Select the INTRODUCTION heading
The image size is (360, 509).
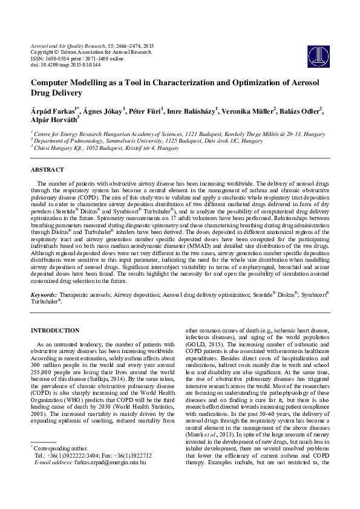(x=55, y=331)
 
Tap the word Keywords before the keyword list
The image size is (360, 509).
(x=44, y=294)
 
